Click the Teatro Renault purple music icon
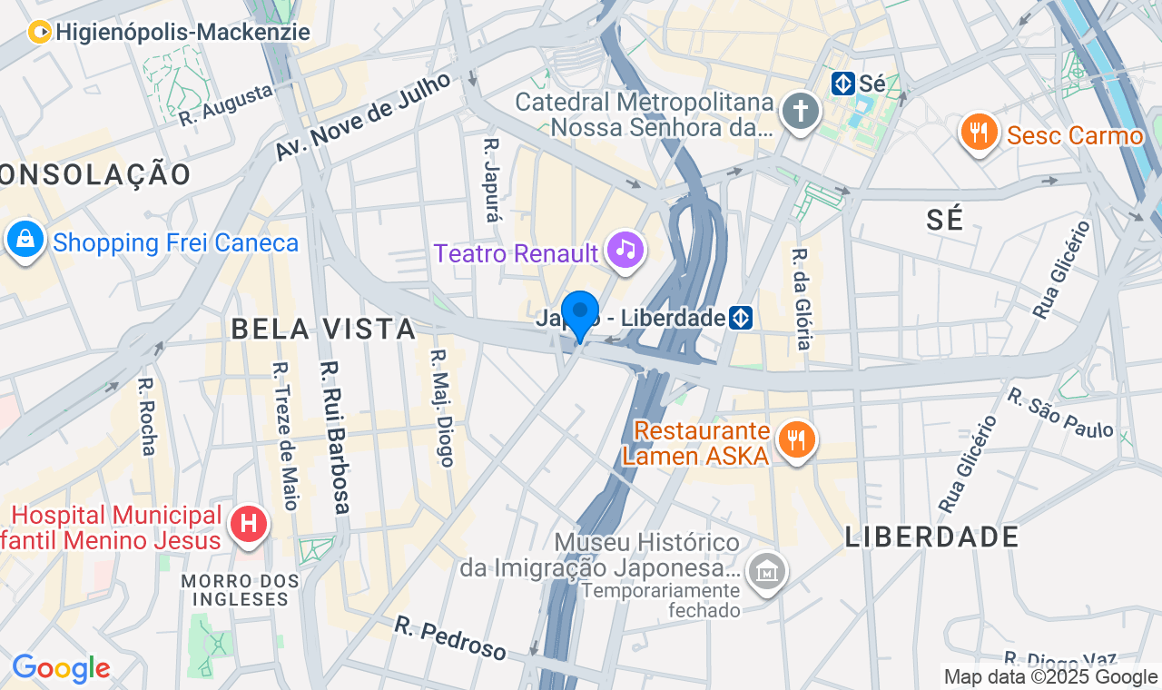coord(625,248)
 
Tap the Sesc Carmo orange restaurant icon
coord(978,133)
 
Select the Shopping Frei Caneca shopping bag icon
coord(25,240)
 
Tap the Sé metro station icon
coord(842,84)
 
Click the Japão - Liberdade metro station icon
coord(742,318)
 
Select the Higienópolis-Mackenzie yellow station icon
coord(40,33)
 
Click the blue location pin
coord(579,314)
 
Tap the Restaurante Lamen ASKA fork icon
coord(796,440)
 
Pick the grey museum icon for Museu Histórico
coord(767,571)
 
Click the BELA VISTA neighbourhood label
coord(323,329)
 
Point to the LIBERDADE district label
coord(932,537)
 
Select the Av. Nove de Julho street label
coord(363,117)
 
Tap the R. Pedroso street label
coord(450,638)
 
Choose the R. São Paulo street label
coord(1060,413)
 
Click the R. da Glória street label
coord(801,299)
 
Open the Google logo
coord(61,669)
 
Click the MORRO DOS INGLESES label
coord(240,589)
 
